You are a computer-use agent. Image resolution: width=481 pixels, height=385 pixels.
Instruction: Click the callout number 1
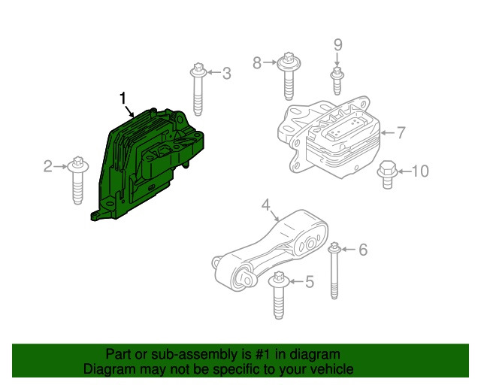tap(123, 98)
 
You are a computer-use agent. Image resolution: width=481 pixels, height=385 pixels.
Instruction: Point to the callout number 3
tap(225, 73)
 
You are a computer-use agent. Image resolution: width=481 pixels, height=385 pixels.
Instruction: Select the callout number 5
tap(309, 282)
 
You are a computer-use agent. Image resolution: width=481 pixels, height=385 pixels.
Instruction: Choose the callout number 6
tap(362, 250)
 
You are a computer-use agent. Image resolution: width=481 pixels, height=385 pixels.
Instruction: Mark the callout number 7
tap(401, 133)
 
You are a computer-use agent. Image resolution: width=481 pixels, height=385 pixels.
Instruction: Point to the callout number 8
tap(258, 63)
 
